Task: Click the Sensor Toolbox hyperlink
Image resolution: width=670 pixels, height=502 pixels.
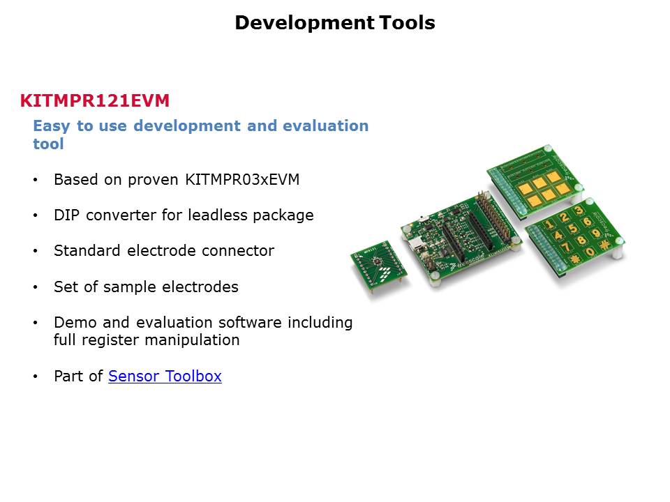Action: tap(165, 376)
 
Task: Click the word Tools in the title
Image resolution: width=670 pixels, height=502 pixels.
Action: tap(407, 22)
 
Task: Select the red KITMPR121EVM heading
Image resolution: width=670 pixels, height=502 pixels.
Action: tap(95, 100)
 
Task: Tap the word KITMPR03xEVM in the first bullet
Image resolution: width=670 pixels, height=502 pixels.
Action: tap(242, 179)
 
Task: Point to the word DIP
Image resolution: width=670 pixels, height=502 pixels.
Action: tap(67, 215)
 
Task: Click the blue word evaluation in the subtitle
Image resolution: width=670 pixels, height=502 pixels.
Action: tap(326, 126)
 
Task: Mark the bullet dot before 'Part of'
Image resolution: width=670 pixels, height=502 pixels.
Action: tap(36, 376)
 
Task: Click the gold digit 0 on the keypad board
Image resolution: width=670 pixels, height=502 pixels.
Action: tap(590, 252)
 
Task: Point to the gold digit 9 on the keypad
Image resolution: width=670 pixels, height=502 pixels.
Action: tap(595, 233)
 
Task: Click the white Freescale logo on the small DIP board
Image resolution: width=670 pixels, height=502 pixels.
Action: tap(385, 275)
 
